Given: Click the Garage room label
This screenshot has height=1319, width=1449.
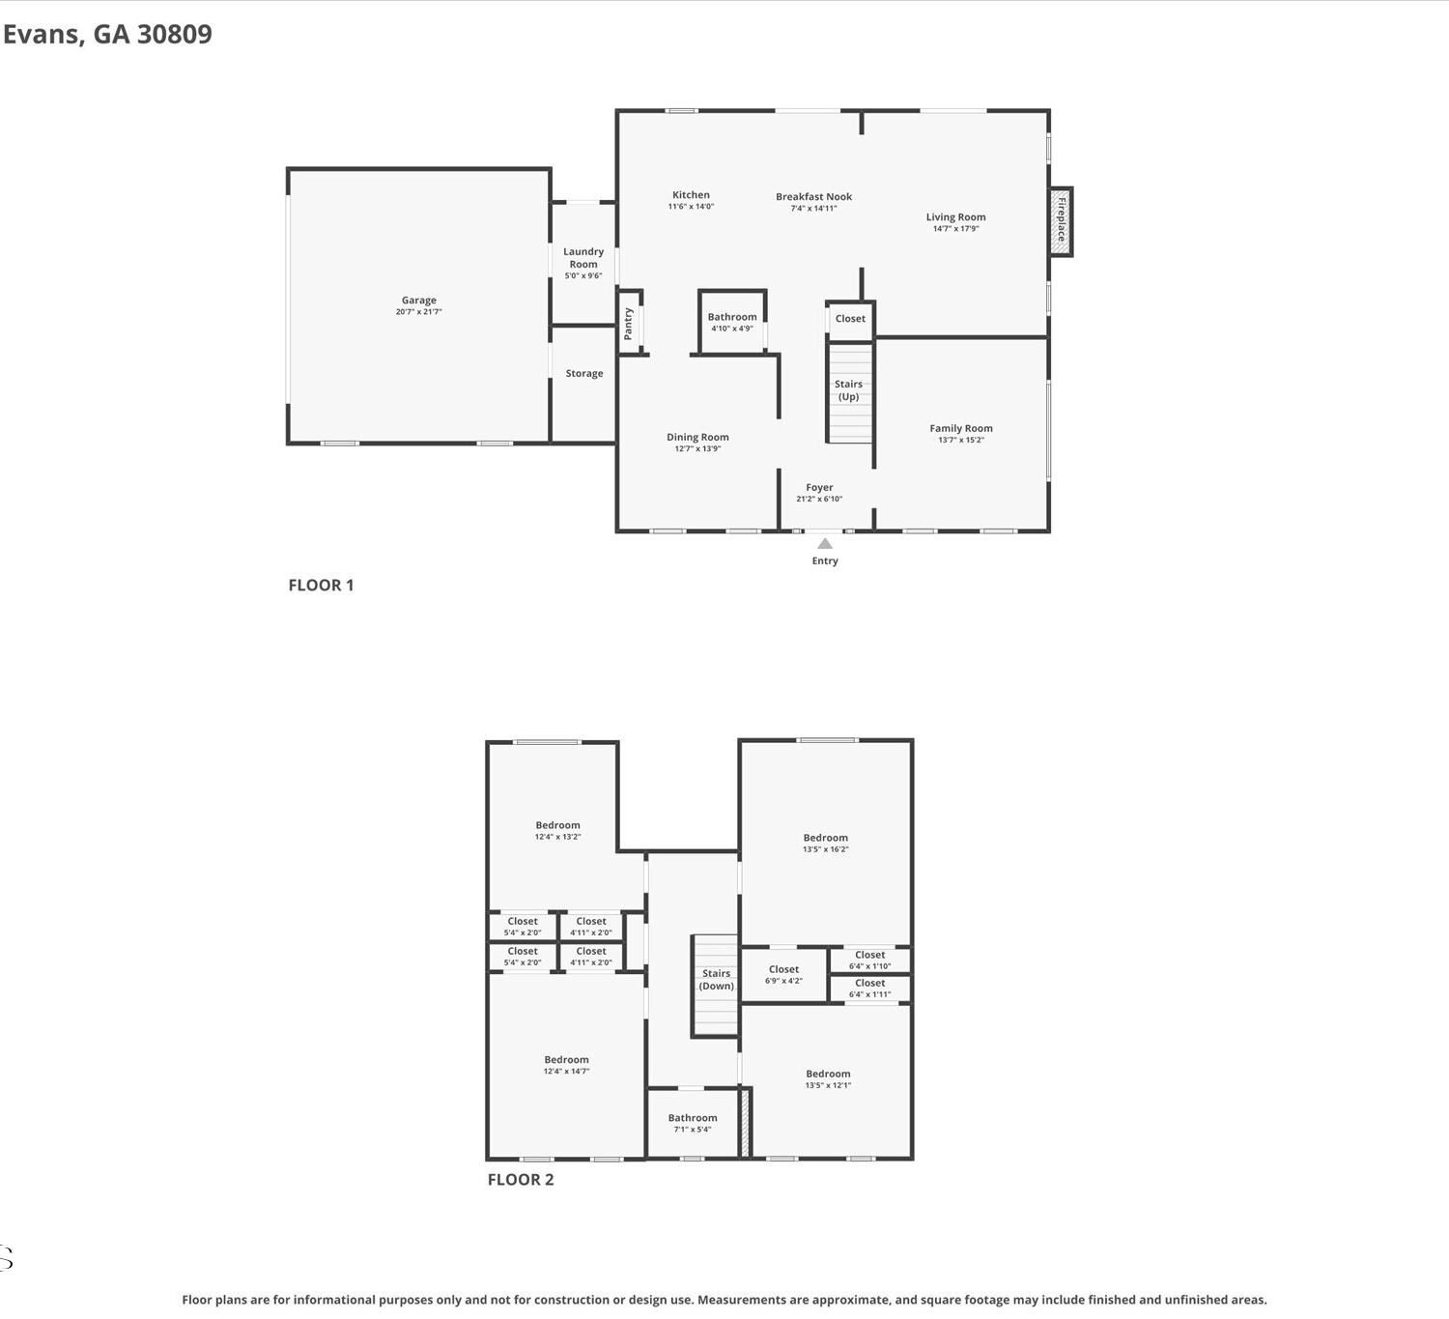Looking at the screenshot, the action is click(x=419, y=300).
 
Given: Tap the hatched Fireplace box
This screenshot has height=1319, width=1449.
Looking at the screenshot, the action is click(x=1061, y=221).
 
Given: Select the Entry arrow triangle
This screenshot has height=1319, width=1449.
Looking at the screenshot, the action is click(x=824, y=543).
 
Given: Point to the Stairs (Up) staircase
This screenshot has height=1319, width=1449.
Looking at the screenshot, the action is click(x=849, y=392).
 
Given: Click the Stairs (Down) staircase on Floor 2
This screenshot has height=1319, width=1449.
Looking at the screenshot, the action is click(x=715, y=986).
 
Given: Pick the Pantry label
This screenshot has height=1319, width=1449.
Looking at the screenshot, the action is click(x=628, y=323).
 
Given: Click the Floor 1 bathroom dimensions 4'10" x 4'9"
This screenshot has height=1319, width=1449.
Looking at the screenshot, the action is click(x=731, y=329).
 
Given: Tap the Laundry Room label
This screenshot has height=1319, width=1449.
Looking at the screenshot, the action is click(x=582, y=257).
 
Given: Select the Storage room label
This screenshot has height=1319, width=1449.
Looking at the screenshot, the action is click(x=583, y=373).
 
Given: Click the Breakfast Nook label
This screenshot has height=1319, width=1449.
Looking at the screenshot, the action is click(x=813, y=196).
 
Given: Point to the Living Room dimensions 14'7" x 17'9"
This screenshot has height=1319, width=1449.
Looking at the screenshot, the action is click(x=955, y=228).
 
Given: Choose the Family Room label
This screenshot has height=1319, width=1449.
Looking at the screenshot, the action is click(x=961, y=428).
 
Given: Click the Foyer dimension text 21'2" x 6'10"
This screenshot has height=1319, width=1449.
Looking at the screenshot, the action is click(x=819, y=499).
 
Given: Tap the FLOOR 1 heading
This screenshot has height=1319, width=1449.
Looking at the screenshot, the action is click(x=321, y=585).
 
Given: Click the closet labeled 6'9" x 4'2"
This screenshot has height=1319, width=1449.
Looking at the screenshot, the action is click(x=783, y=974).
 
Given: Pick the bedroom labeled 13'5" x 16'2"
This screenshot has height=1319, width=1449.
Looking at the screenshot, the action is click(x=826, y=843).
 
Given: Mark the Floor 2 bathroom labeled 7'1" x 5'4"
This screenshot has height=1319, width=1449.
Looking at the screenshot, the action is click(x=693, y=1123).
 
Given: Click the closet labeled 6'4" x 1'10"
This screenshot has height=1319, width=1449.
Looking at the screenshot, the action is click(x=869, y=960).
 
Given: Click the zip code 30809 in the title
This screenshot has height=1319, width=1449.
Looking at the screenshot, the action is click(x=175, y=34).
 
